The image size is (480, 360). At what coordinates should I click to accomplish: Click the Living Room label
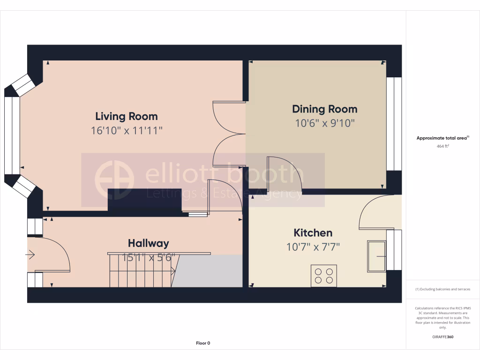[x=127, y=116]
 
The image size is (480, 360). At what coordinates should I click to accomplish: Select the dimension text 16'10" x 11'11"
[x=127, y=131]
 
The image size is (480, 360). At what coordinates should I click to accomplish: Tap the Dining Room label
[x=325, y=109]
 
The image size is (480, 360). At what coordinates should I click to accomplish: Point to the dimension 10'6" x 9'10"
[x=325, y=124]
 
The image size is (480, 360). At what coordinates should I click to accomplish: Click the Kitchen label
[x=313, y=233]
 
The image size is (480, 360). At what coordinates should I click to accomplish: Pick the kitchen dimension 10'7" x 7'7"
[x=313, y=247]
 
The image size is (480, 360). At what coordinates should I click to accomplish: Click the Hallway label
[x=148, y=243]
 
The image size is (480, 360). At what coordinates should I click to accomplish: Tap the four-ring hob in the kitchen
[x=324, y=276]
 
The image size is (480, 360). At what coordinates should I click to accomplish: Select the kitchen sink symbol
[x=376, y=256]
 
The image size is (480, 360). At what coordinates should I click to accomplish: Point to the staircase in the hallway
[x=141, y=271]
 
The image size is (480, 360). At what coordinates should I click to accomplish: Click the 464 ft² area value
[x=443, y=147]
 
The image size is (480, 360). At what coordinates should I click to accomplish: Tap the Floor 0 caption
[x=203, y=343]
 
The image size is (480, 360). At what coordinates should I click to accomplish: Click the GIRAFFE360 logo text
[x=443, y=337]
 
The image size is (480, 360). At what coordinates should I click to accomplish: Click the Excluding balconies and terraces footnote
[x=443, y=289]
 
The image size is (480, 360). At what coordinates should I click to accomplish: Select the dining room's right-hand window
[x=394, y=124]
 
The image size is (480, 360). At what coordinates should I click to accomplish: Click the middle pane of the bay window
[x=12, y=135]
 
